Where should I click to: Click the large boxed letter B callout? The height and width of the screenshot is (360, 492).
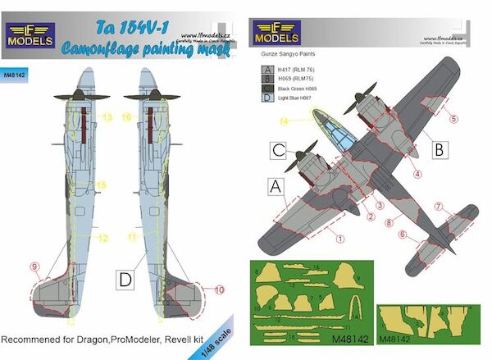coord(438,150)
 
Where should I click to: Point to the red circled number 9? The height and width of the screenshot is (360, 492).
coord(34,267)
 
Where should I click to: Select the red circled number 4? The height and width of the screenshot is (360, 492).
coord(417,174)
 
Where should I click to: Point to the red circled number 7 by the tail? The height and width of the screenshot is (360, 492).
coord(440,206)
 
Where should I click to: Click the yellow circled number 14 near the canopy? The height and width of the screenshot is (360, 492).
coord(284,122)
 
